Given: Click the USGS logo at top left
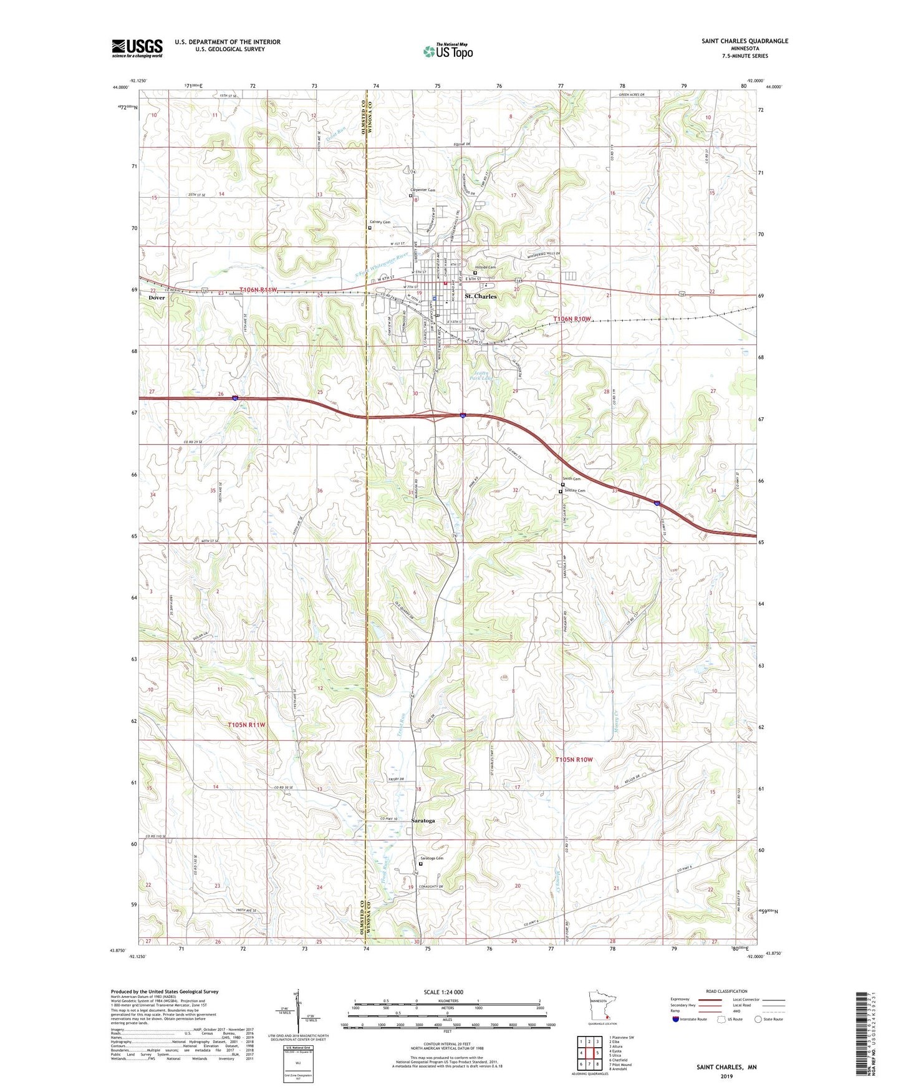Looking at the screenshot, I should click(x=137, y=47).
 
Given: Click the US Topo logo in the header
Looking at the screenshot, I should click(x=447, y=51).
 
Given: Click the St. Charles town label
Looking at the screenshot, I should click(x=481, y=296).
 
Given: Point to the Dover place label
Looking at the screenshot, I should click(x=157, y=298).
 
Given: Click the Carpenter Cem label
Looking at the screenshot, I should click(x=422, y=190).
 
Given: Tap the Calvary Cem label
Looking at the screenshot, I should click(x=380, y=222).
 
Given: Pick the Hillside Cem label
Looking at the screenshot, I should click(x=484, y=268).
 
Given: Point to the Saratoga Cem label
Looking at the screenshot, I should click(x=431, y=858).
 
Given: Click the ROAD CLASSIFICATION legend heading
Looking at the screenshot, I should click(x=727, y=991).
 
